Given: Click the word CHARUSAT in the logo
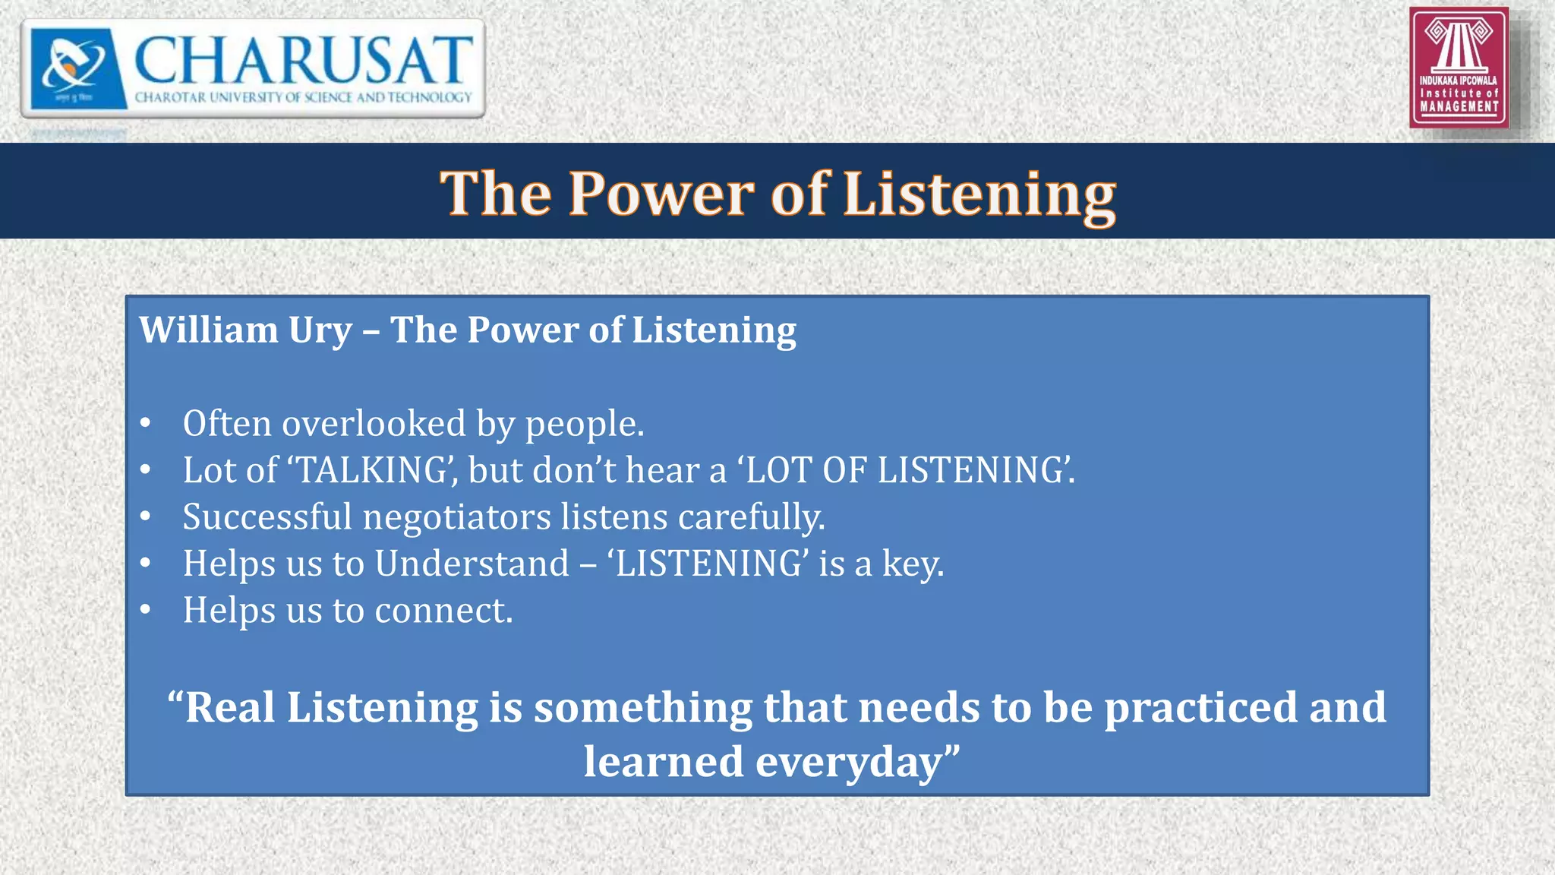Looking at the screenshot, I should [x=302, y=61].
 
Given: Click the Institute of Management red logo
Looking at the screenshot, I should [x=1459, y=68].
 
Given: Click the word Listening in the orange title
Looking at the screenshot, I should [x=979, y=194].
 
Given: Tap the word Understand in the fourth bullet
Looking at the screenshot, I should [x=472, y=564].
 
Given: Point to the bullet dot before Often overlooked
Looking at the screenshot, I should [x=146, y=424].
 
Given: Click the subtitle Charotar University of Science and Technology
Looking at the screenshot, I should [x=303, y=97].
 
